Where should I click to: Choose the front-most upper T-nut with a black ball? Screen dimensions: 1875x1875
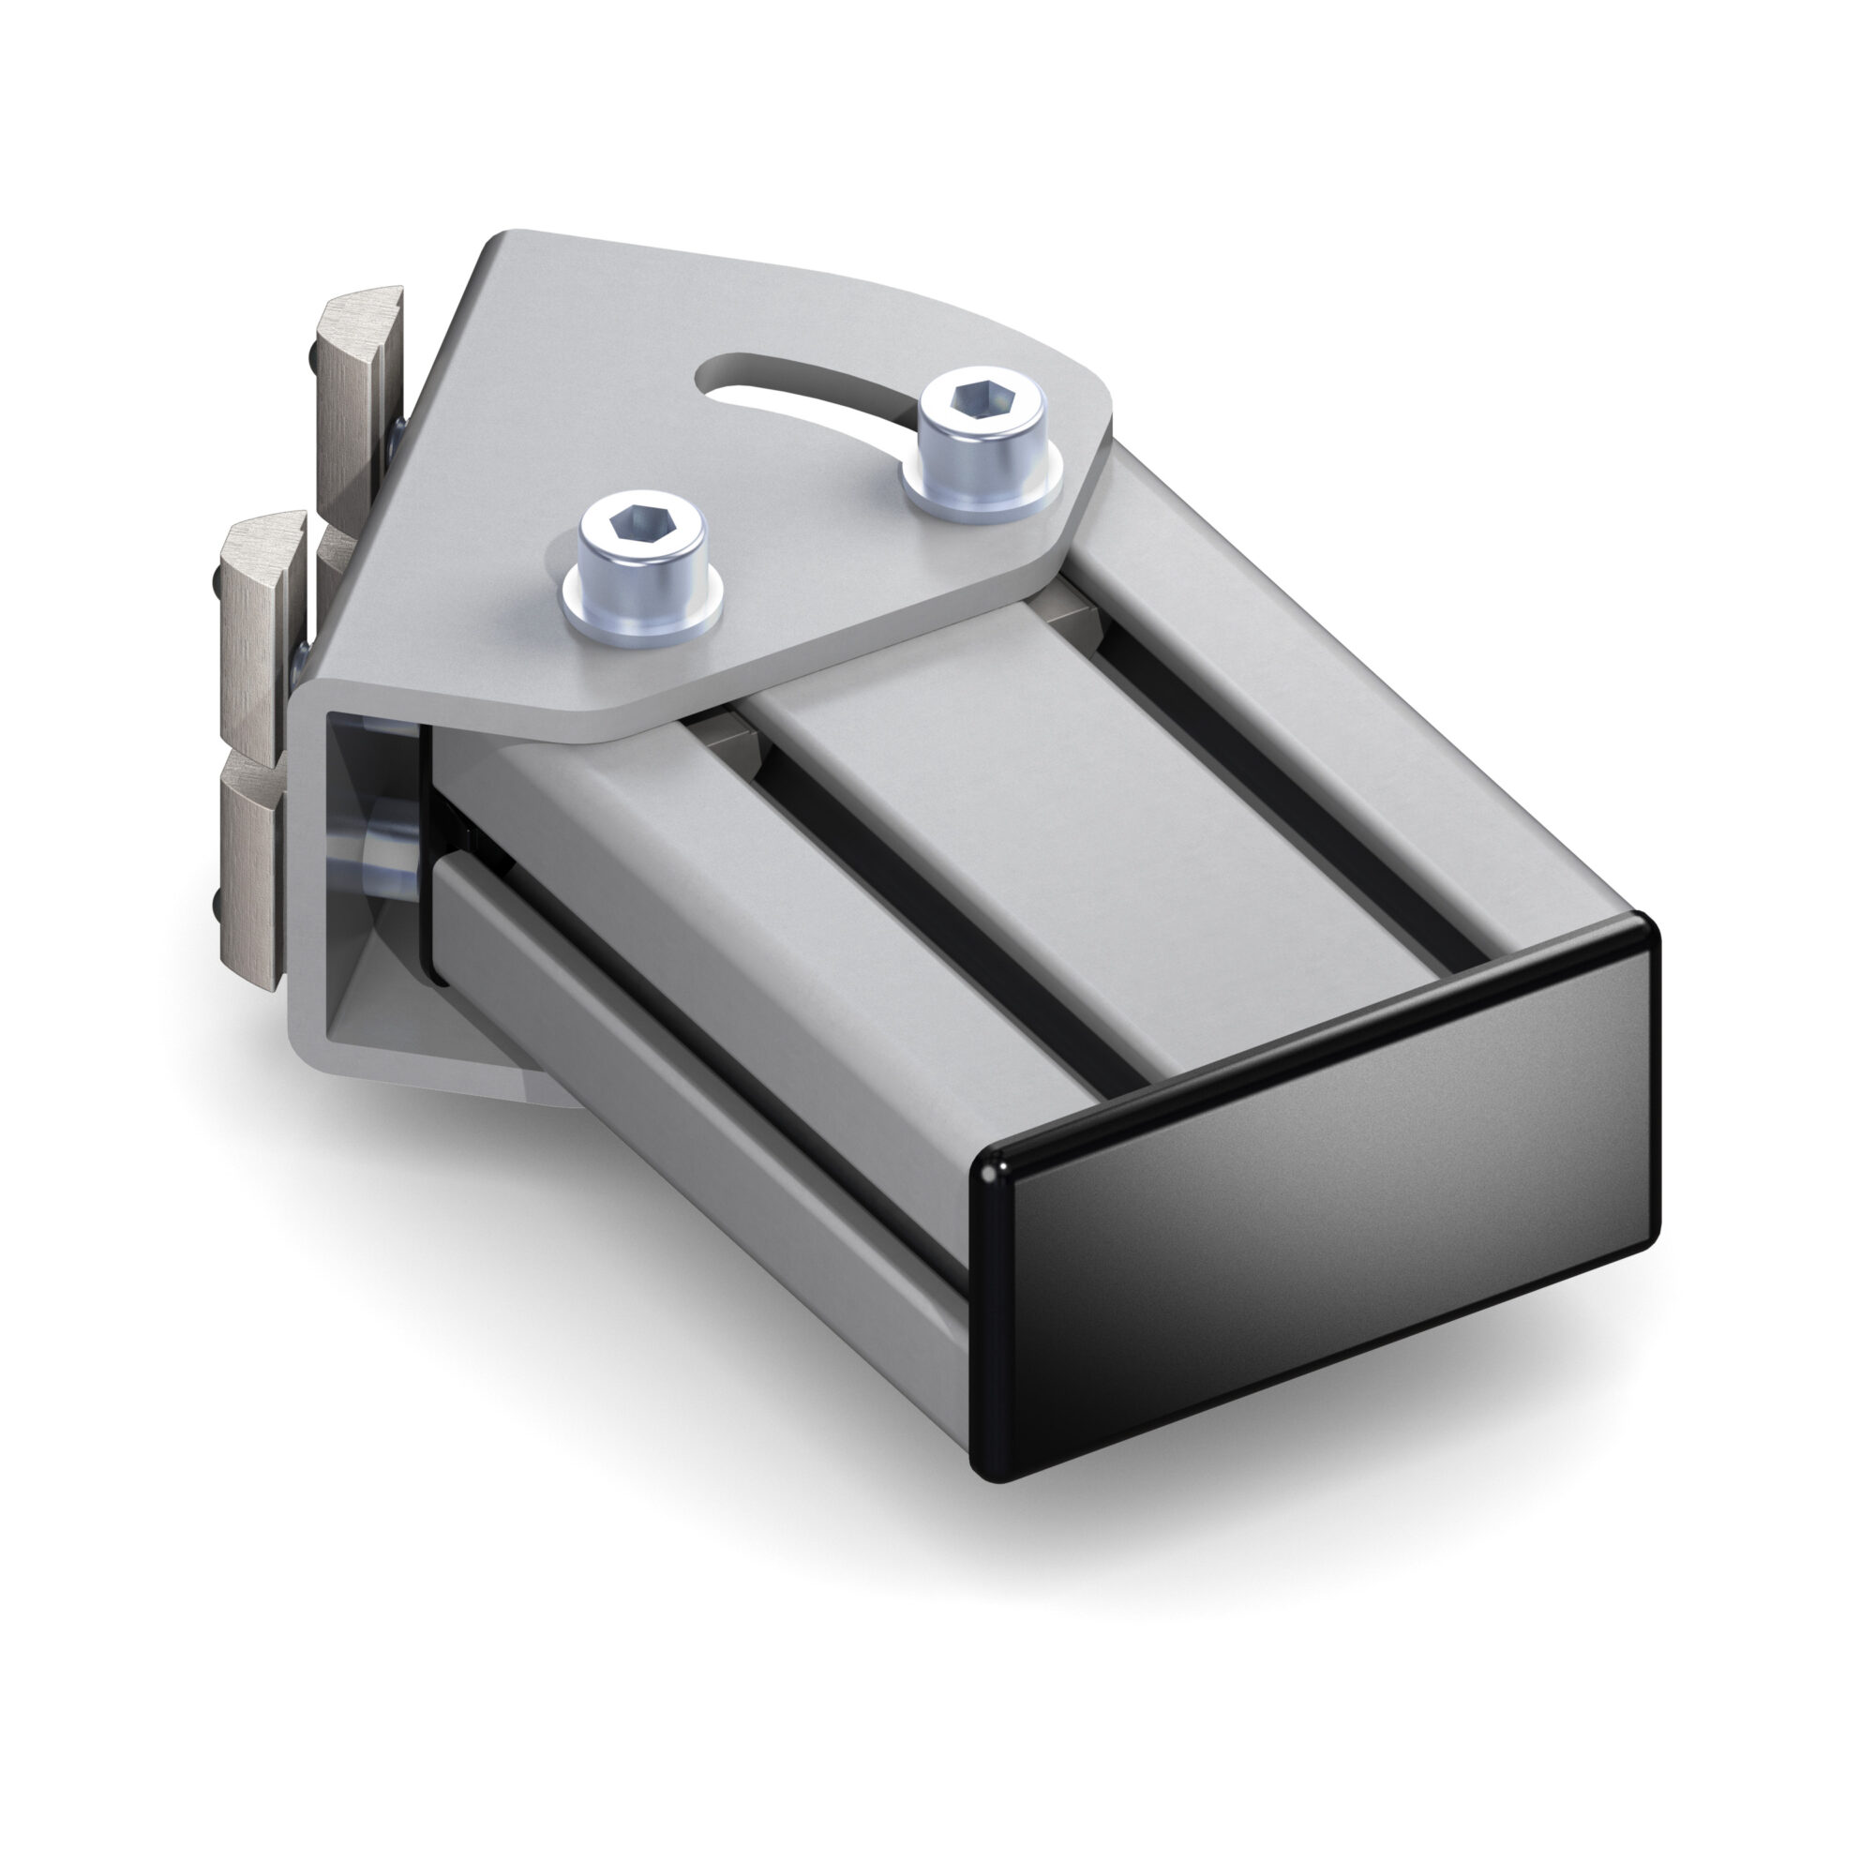pos(254,622)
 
